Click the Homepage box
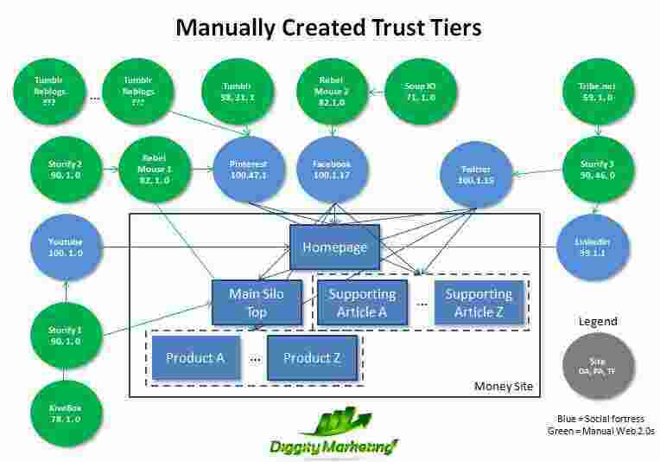coord(334,247)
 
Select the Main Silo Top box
coord(256,303)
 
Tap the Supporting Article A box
coord(361,303)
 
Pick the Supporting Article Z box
coord(478,303)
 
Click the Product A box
coord(195,357)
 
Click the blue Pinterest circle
coord(249,170)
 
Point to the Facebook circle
coord(333,170)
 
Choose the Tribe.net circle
coord(597,93)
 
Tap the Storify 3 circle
coord(597,169)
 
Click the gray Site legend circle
coord(598,366)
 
